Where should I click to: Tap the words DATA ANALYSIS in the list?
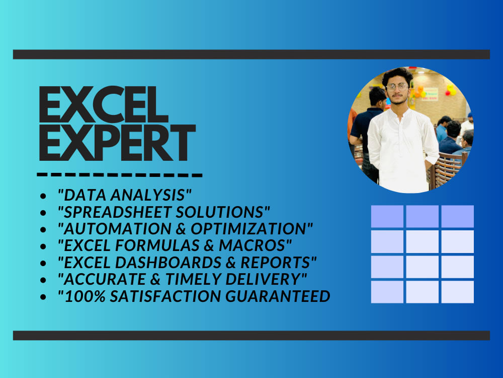[125, 195]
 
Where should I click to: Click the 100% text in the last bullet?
[80, 296]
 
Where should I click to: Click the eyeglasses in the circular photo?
[397, 87]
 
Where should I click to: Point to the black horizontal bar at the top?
[251, 54]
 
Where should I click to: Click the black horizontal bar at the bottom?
[251, 335]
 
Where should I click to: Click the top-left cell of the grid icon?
[387, 216]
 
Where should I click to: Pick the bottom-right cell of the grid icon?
[458, 292]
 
